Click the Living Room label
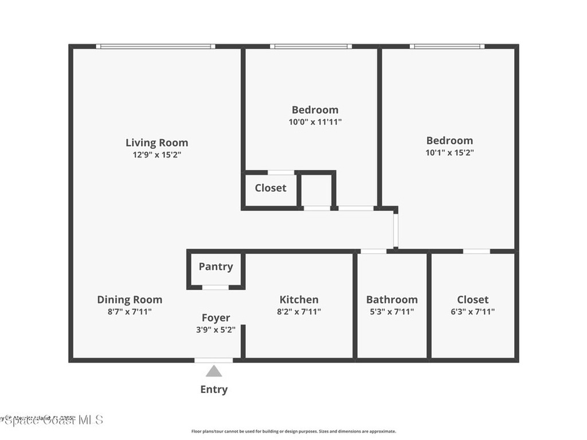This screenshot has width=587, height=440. tap(156, 143)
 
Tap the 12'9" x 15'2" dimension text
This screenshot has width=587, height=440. tap(156, 155)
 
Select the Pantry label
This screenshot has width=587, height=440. tap(216, 266)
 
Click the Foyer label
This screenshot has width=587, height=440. tap(216, 317)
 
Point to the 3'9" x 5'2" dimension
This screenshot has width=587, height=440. tap(216, 329)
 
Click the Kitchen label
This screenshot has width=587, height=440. tap(299, 299)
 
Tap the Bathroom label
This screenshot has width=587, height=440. tap(392, 299)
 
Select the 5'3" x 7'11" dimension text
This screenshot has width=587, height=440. tap(392, 312)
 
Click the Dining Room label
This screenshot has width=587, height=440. tap(130, 299)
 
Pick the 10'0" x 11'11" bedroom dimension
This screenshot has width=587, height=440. tap(315, 121)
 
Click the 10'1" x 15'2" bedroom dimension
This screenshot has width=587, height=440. tap(449, 152)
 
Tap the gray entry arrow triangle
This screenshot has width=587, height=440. tap(214, 372)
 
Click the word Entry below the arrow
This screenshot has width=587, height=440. tap(214, 390)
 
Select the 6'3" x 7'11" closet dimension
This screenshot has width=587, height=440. tap(473, 312)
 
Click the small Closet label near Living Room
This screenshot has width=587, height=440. tap(270, 188)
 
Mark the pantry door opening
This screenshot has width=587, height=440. tap(216, 287)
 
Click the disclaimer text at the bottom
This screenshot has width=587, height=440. tap(293, 431)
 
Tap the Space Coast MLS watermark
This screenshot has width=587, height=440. tap(52, 420)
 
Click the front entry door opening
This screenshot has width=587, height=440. tap(214, 360)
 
